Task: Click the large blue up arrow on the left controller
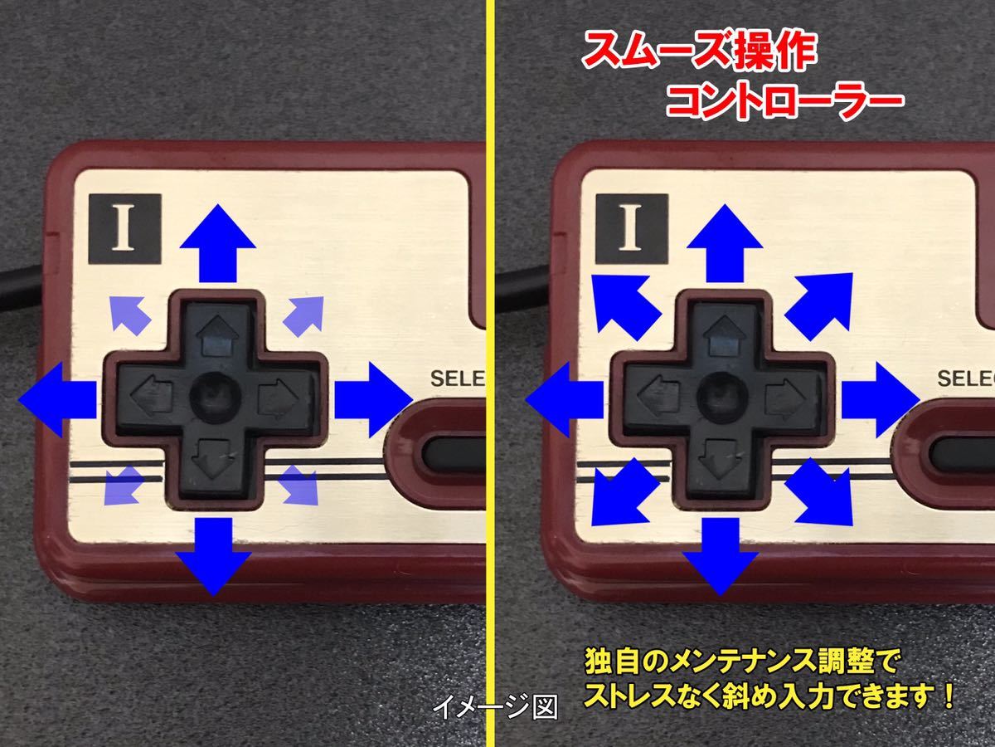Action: pos(217,242)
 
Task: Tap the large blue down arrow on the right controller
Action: pos(721,556)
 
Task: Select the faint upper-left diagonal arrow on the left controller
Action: pos(129,315)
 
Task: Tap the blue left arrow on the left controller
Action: pos(57,399)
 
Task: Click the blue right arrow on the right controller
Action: pos(881,399)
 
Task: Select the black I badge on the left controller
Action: pos(125,228)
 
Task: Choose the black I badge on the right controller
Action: pos(632,228)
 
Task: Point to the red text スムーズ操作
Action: pos(699,51)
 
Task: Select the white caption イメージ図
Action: pos(495,706)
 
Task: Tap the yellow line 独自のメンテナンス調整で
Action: pos(741,662)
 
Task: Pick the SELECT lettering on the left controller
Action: pos(458,378)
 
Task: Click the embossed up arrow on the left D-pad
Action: pos(218,335)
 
